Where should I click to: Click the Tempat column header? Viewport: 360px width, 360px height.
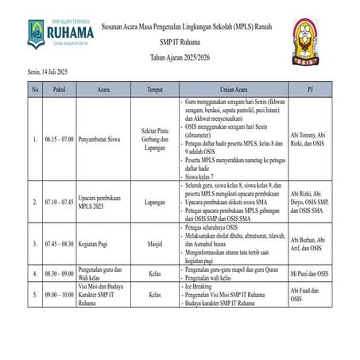click(155, 90)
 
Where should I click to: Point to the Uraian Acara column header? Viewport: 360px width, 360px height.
click(232, 90)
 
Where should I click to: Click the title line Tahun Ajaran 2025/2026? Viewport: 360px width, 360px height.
click(182, 57)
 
